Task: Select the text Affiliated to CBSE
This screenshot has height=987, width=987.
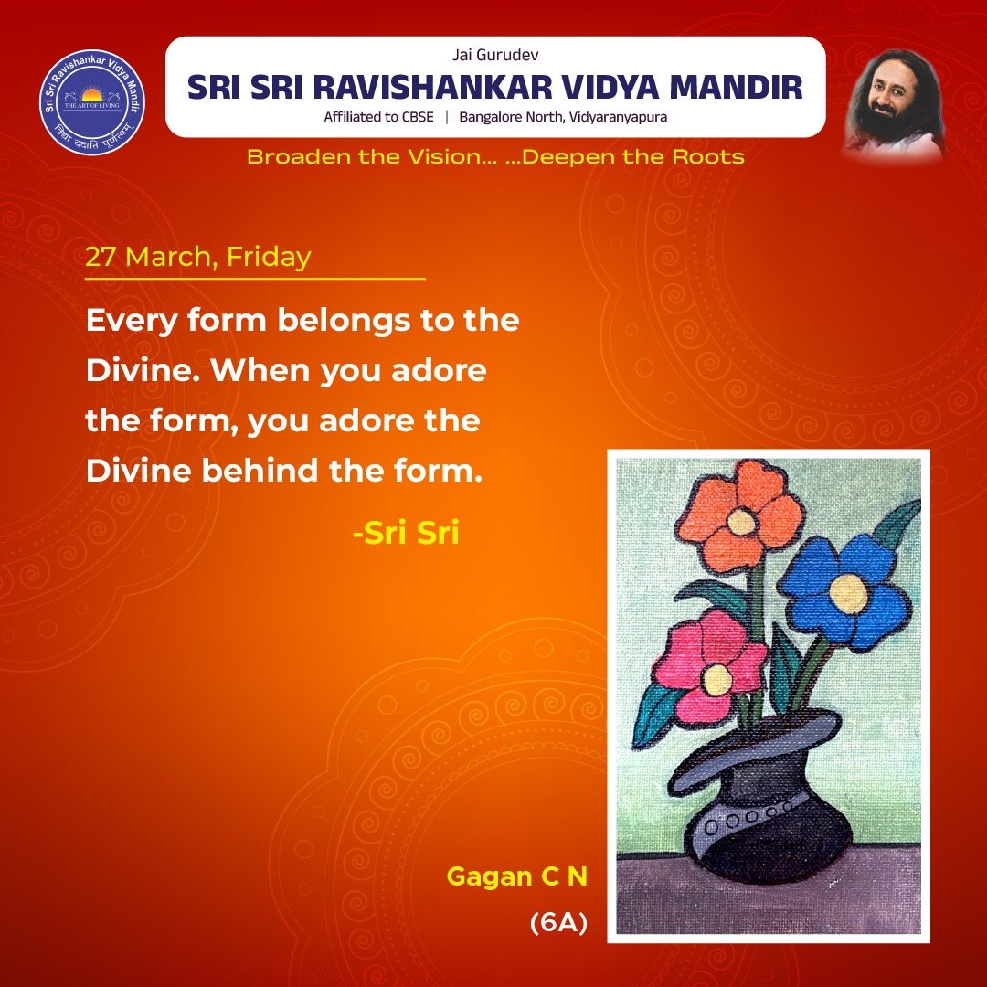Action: (x=378, y=117)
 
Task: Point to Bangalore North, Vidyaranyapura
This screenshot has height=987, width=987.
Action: (x=563, y=117)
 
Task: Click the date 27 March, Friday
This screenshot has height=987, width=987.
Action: (x=198, y=257)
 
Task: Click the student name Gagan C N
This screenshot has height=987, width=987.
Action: (x=516, y=877)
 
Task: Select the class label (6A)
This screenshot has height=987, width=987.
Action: (x=557, y=924)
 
